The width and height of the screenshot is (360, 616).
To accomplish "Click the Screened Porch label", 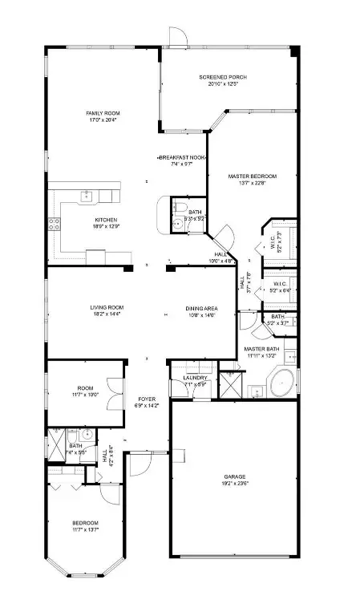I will click(223, 77).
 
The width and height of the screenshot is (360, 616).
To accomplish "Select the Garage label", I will click(234, 476).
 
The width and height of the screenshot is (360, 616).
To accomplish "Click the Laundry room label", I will click(196, 378).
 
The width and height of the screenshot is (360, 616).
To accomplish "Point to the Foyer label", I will click(147, 399).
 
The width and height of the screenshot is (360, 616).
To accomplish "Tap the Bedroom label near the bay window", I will click(85, 522).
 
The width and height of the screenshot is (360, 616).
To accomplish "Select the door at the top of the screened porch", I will click(178, 35).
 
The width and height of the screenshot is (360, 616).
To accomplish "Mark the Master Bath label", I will click(261, 350).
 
